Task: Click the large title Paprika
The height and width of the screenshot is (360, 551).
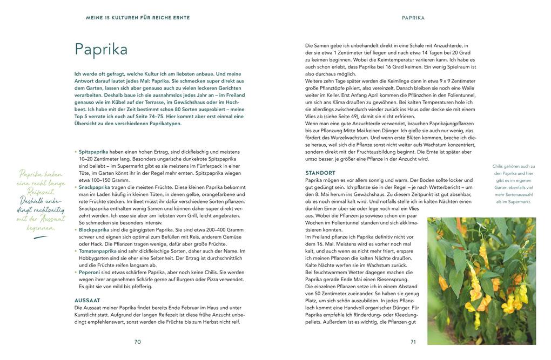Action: point(101,50)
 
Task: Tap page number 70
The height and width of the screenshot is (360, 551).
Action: point(137,342)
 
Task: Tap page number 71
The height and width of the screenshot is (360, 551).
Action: point(413,342)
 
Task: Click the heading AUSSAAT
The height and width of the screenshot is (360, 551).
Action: point(87,300)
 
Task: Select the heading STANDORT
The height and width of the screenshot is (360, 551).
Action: point(320,173)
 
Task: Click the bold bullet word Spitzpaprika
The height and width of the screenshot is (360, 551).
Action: point(93,152)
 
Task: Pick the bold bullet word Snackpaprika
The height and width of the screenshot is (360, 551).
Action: point(95,187)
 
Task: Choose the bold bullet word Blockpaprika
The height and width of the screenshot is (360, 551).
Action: point(94,229)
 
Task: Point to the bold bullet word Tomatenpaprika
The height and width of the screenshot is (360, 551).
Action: point(97,251)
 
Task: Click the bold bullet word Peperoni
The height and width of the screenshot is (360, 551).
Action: point(89,272)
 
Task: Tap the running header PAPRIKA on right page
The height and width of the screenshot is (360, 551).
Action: point(413,18)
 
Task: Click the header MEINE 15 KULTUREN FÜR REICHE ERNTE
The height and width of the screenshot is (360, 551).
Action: point(138,18)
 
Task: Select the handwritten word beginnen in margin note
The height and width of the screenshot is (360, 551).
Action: point(41,228)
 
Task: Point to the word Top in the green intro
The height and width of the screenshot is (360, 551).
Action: point(79,116)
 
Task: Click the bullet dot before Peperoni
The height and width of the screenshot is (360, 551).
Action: point(76,273)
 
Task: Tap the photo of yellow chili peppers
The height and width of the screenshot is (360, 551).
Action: point(481,281)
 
